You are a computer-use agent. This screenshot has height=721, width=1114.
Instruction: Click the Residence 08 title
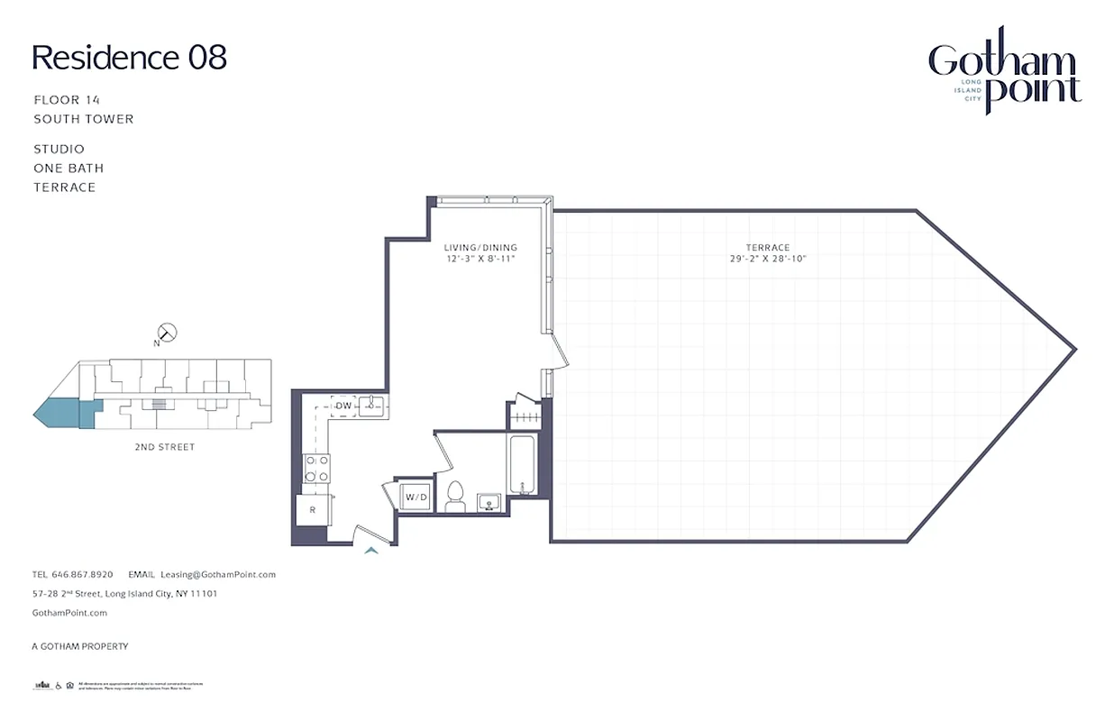click(x=129, y=58)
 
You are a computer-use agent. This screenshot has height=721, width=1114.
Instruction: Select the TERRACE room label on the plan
click(x=767, y=248)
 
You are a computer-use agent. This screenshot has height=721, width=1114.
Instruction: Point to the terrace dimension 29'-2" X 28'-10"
click(x=767, y=260)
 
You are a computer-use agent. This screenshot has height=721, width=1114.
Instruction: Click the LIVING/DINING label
click(x=480, y=248)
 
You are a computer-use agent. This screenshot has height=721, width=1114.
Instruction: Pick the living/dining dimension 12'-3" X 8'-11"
click(x=480, y=260)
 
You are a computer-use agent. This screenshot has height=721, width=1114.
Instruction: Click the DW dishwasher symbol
click(x=343, y=406)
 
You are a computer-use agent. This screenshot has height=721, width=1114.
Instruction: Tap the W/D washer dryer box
click(x=415, y=497)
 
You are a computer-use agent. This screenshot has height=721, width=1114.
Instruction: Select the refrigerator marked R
click(x=311, y=510)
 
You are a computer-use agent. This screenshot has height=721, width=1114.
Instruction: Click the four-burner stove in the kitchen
click(x=316, y=468)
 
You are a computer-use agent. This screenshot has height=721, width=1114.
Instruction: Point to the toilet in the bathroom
click(x=455, y=497)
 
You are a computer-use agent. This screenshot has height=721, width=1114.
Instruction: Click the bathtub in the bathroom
click(x=522, y=465)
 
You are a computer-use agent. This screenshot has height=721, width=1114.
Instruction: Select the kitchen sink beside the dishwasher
click(x=373, y=406)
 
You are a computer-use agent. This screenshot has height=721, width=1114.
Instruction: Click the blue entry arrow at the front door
click(x=370, y=550)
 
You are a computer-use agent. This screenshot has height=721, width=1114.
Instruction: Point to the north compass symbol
click(x=167, y=333)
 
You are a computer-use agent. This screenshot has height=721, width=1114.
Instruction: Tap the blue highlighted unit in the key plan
click(x=61, y=415)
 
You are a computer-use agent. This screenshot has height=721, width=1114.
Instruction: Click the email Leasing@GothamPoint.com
click(x=217, y=574)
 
